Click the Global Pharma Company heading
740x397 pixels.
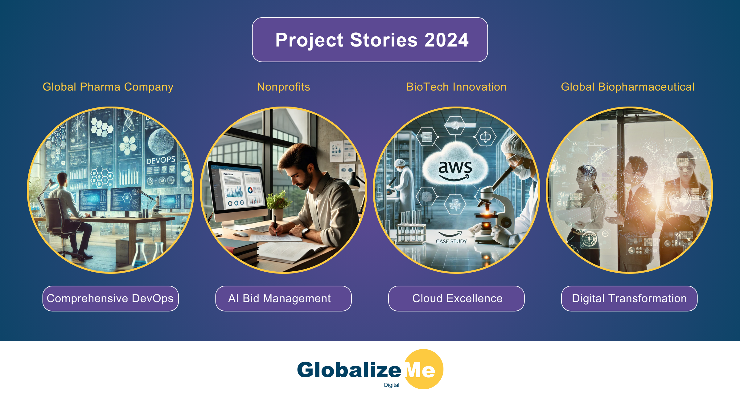[x=108, y=87]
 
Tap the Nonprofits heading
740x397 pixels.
[x=283, y=87]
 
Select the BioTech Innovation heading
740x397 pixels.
[x=456, y=87]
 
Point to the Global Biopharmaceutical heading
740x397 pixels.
[x=627, y=87]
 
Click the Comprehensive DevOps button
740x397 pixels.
[x=110, y=298]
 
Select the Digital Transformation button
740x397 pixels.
[x=629, y=298]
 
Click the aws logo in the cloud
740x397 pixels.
[x=455, y=169]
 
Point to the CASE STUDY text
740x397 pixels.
[x=451, y=241]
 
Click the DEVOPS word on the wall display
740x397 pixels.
[x=161, y=160]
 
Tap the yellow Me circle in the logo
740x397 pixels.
[x=424, y=369]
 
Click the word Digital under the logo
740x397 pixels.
[x=391, y=385]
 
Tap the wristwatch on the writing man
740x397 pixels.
[x=305, y=232]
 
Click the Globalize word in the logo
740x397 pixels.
[x=349, y=370]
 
